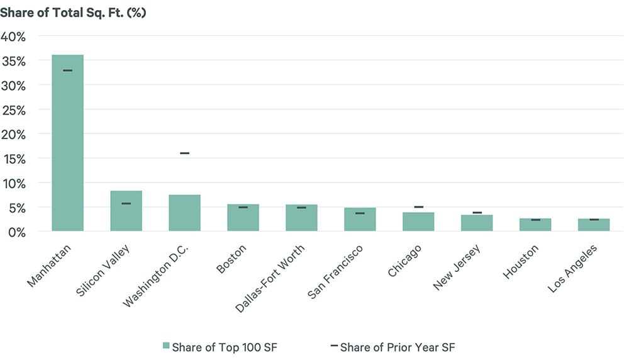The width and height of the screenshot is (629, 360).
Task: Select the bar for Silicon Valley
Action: coord(126,211)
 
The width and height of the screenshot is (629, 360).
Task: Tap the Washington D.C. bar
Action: coord(184,213)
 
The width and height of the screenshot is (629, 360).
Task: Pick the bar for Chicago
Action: coord(418,222)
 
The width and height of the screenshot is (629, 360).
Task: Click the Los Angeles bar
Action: coord(594,225)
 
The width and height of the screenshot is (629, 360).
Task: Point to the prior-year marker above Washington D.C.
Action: coord(184,153)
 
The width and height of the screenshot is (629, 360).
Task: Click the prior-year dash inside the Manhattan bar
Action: coord(67,70)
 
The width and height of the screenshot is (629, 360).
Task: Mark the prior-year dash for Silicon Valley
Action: coord(126,203)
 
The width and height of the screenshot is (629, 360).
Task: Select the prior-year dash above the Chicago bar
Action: coord(418,207)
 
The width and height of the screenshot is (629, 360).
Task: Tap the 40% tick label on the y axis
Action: coord(14,37)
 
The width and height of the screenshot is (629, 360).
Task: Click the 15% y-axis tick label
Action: coord(14,159)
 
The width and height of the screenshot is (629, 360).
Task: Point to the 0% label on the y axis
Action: coord(16,232)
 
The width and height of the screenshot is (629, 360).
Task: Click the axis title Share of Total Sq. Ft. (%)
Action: coord(73,13)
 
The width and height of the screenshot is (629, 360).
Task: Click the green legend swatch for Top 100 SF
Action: coord(166,346)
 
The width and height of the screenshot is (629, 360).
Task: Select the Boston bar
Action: coord(243,217)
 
